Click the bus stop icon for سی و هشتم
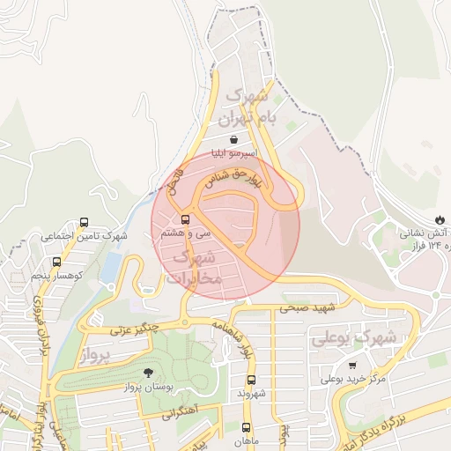[x=185, y=218]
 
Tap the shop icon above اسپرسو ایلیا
[x=233, y=139]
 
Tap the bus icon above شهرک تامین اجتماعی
[x=84, y=223]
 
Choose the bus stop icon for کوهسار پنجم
[x=57, y=262]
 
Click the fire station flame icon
[x=440, y=219]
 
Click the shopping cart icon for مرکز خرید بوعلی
[x=353, y=366]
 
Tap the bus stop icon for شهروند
[x=251, y=381]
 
